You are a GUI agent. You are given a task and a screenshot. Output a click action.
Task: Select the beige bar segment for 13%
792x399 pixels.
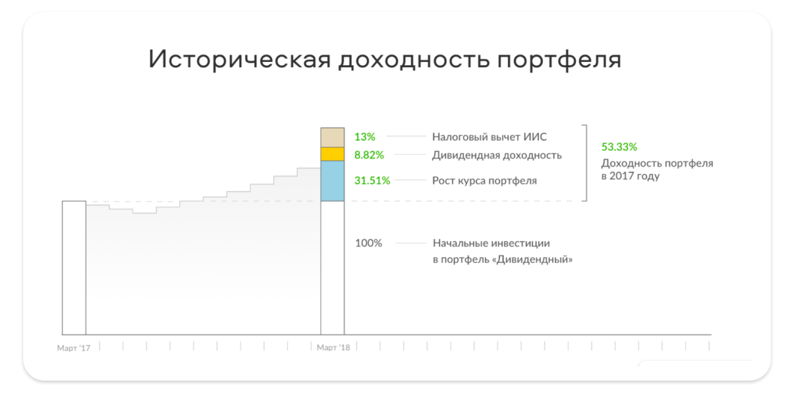[x=332, y=137]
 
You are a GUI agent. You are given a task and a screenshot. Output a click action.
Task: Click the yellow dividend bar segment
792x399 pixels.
[x=332, y=154]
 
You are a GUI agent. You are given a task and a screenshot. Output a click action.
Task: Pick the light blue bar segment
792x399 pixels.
[x=332, y=181]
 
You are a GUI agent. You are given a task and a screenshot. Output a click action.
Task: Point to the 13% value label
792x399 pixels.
[x=365, y=137]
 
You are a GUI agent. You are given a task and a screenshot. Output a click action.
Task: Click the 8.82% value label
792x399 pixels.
[x=369, y=155]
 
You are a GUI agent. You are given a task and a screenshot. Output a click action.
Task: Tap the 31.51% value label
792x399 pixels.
[x=372, y=180]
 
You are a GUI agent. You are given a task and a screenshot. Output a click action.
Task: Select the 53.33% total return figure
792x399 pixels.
[x=619, y=147]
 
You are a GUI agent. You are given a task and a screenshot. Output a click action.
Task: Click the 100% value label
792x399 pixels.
[x=368, y=243]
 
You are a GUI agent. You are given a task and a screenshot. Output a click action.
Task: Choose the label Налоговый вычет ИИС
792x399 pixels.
[x=489, y=137]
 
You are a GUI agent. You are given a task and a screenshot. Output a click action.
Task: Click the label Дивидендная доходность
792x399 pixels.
[x=497, y=155]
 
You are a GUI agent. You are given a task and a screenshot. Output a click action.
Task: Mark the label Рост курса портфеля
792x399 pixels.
[x=484, y=180]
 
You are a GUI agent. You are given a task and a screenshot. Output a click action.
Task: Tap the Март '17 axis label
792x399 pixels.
[x=73, y=348]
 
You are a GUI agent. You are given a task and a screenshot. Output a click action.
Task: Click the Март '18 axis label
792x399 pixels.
[x=333, y=348]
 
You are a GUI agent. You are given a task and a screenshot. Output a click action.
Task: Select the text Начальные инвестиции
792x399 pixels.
[x=491, y=243]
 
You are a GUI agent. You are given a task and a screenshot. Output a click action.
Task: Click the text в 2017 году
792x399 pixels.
[x=631, y=177]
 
